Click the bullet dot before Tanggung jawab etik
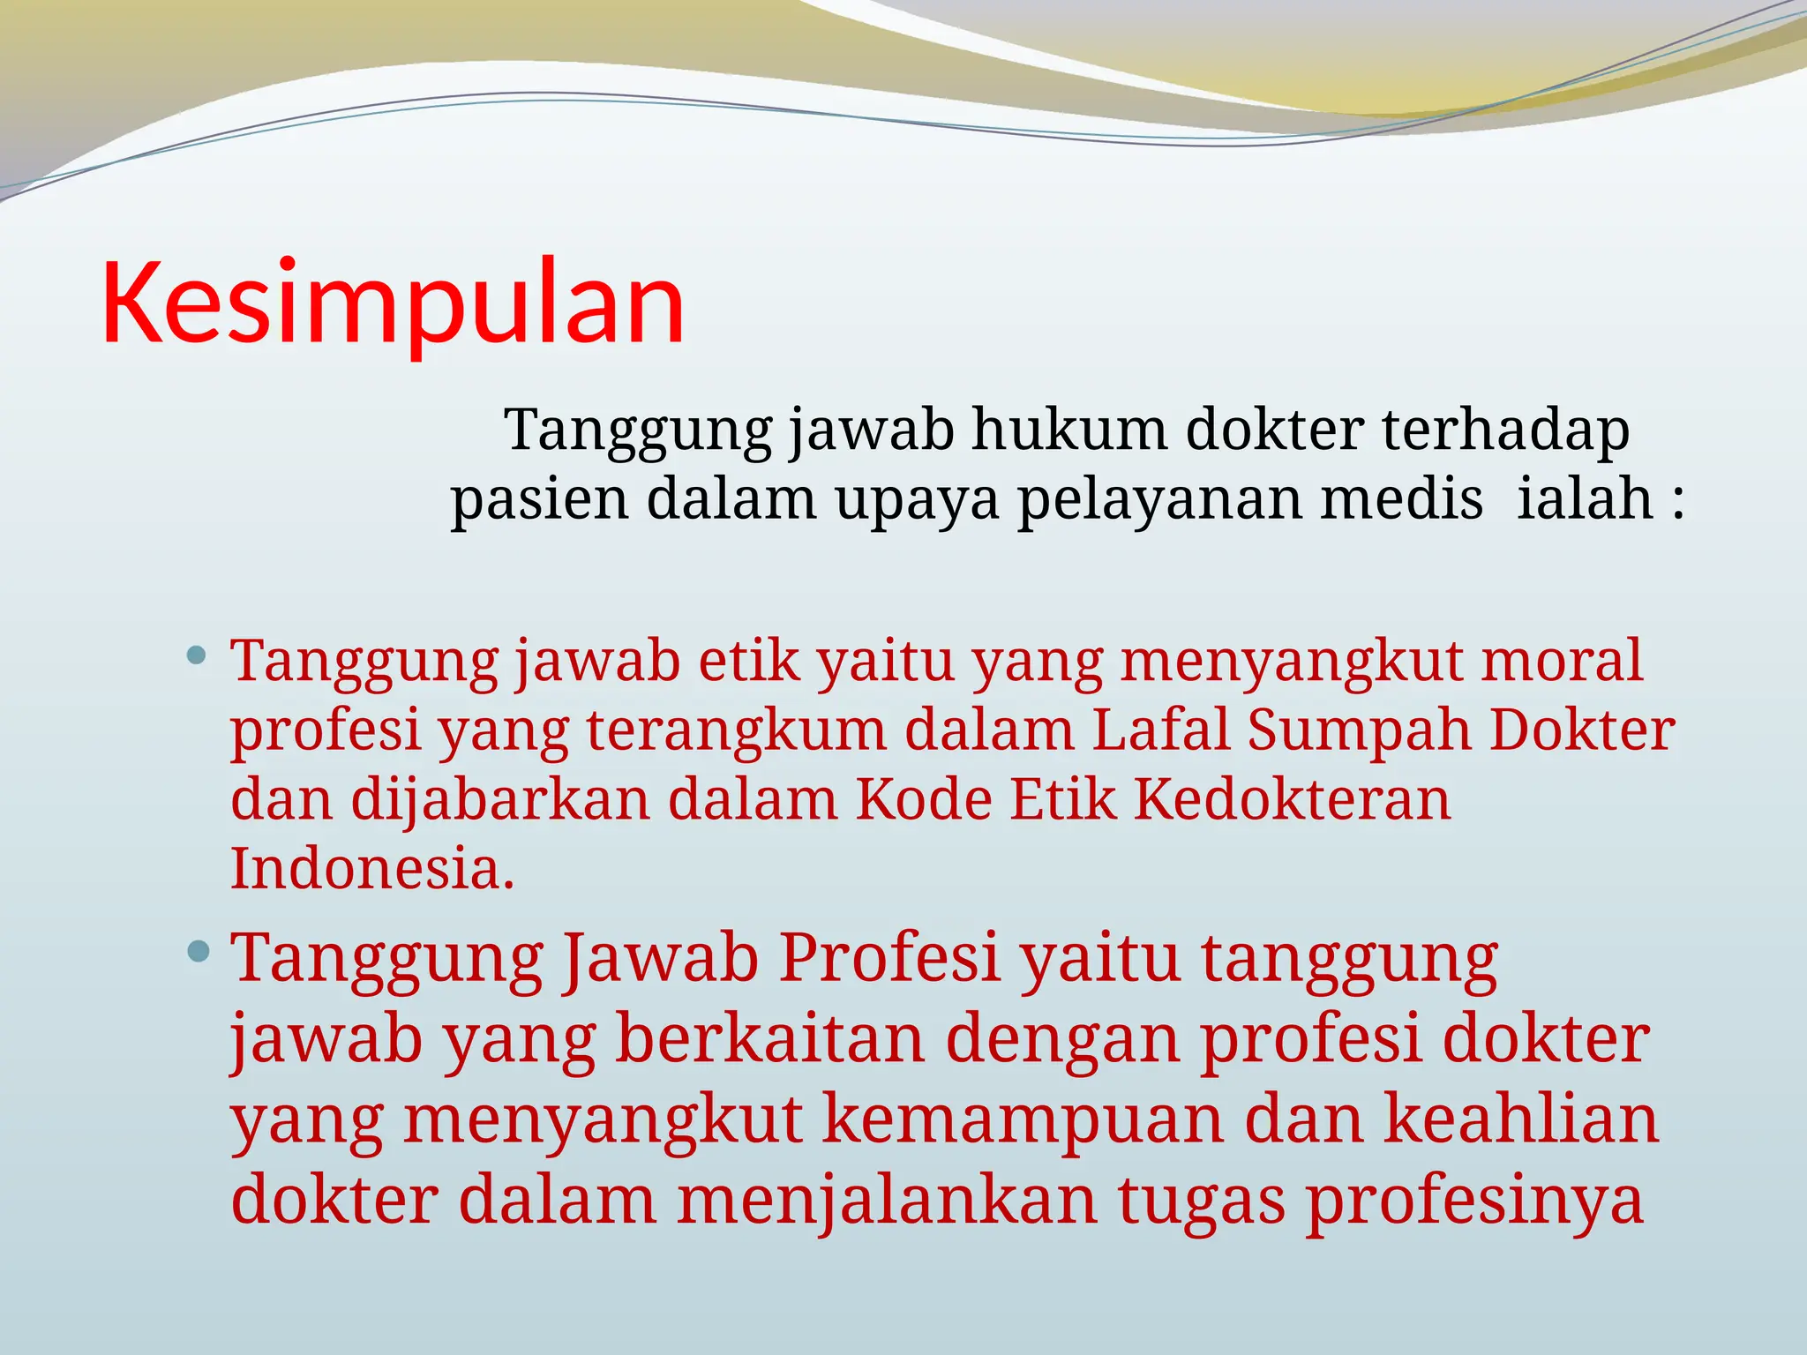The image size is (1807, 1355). pyautogui.click(x=198, y=656)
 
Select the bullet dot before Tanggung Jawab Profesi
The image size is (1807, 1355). pyautogui.click(x=199, y=951)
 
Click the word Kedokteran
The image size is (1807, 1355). pyautogui.click(x=1292, y=799)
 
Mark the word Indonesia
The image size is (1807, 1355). pyautogui.click(x=371, y=868)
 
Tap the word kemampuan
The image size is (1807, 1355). pyautogui.click(x=1023, y=1119)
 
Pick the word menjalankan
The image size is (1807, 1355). pyautogui.click(x=887, y=1200)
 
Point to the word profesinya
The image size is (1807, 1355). pyautogui.click(x=1474, y=1202)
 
